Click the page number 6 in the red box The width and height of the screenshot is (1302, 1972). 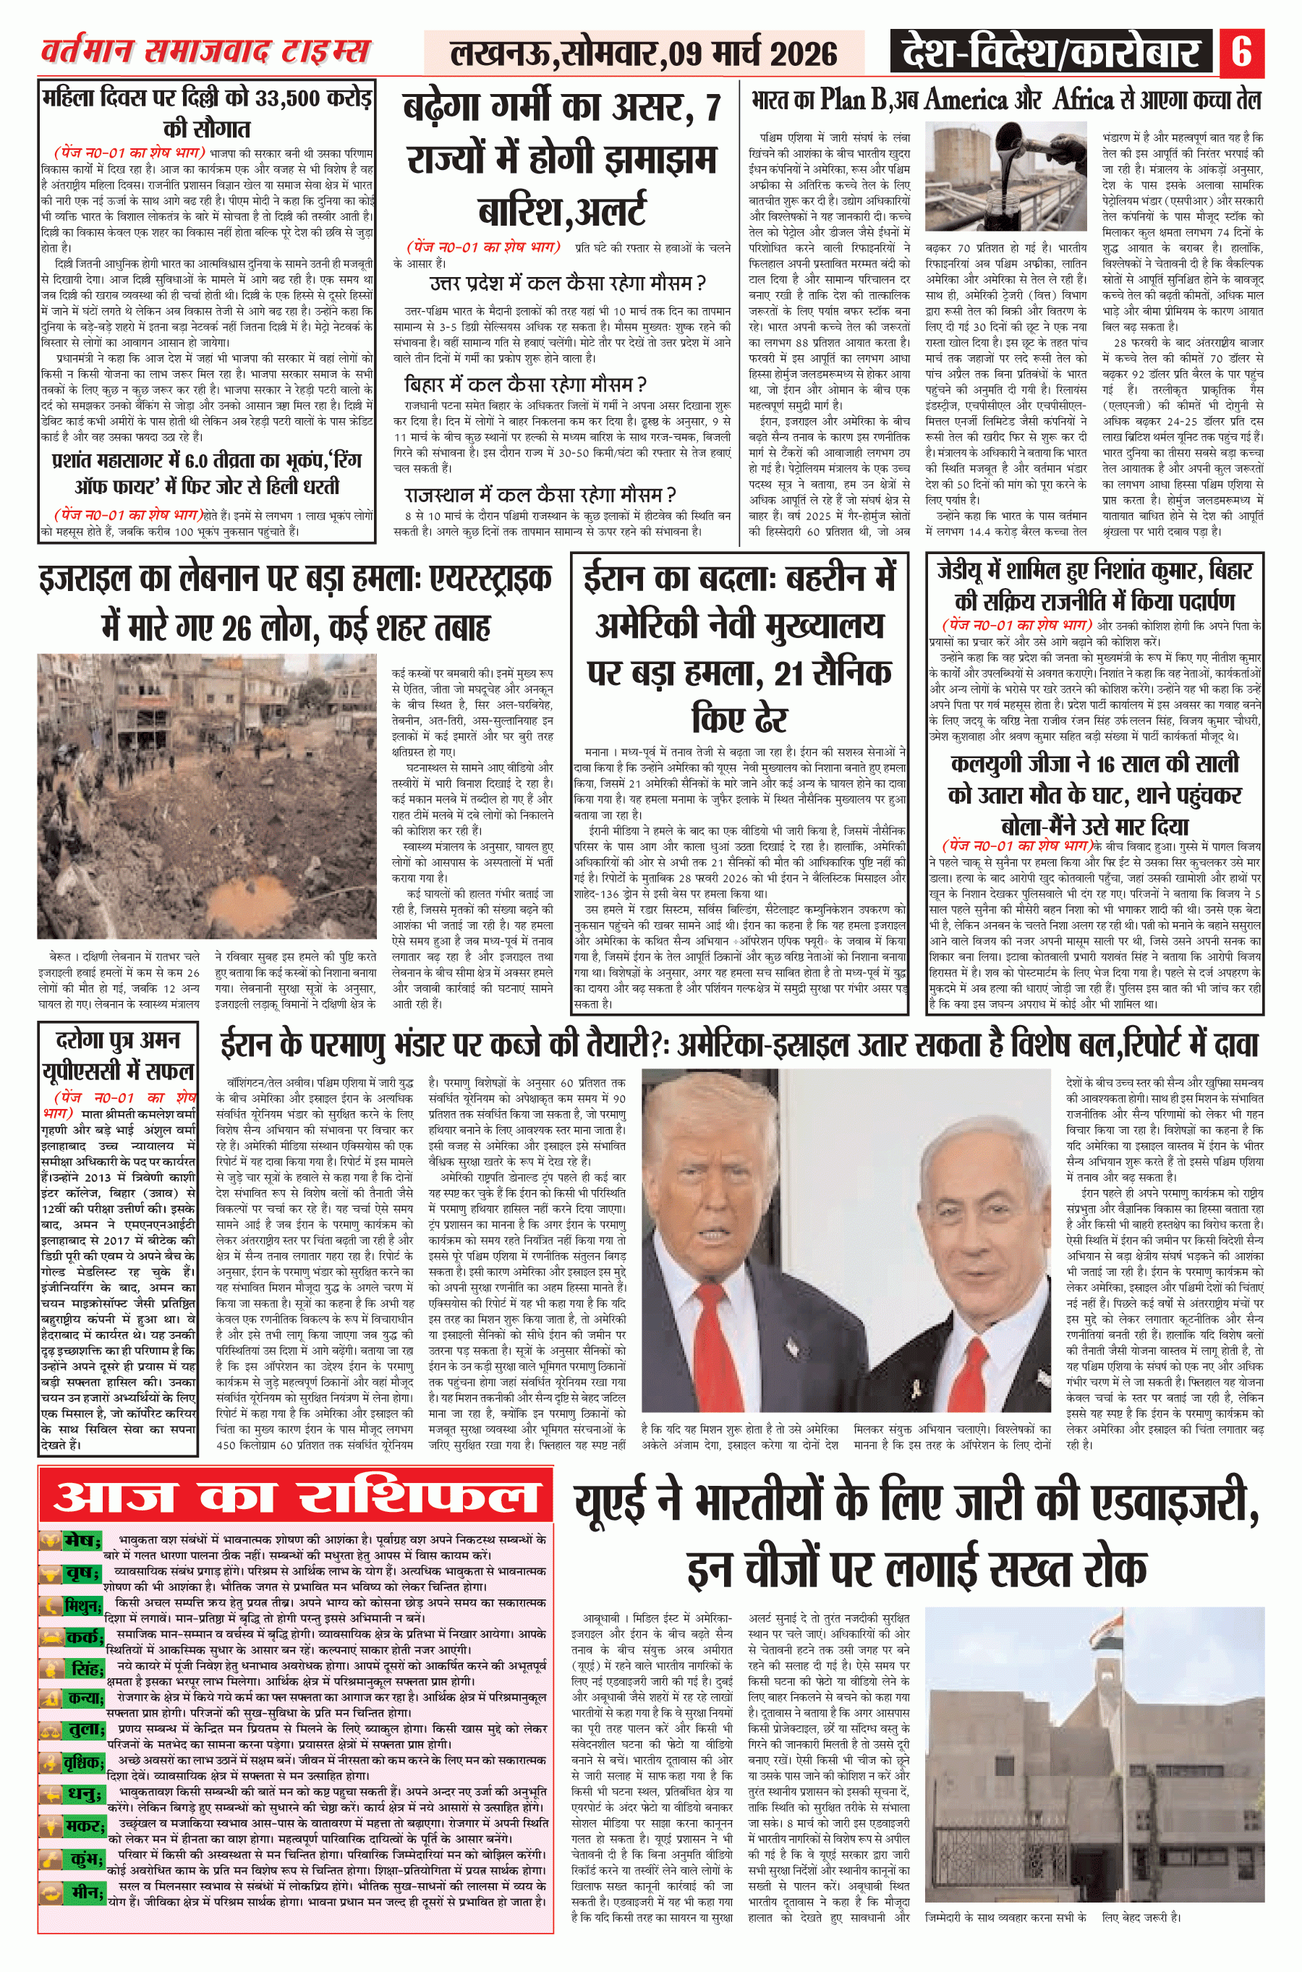tap(1241, 52)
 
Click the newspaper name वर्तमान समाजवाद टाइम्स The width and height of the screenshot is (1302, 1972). tap(205, 51)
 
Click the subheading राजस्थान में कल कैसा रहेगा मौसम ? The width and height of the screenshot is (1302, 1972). tap(540, 495)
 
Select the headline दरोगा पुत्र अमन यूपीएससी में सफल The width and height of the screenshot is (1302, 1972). tap(117, 1055)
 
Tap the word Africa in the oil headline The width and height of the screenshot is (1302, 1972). tap(1083, 101)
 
